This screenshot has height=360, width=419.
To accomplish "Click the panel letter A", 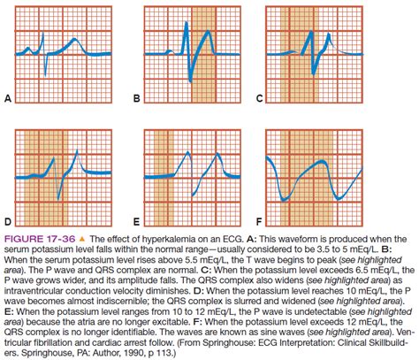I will click(x=7, y=100).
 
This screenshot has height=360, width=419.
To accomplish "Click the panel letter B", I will click(x=137, y=100).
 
